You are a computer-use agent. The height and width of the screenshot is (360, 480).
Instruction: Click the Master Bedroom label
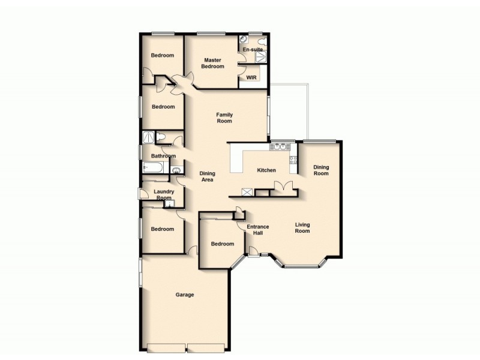213,63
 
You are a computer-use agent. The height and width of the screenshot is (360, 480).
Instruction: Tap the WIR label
251,77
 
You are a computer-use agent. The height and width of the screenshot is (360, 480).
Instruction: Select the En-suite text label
253,49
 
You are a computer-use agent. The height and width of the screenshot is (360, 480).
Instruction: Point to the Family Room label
224,118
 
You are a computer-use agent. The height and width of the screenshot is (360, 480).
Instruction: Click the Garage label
184,295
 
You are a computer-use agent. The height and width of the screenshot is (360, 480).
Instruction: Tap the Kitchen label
266,170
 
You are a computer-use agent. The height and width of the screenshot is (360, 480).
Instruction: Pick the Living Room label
302,228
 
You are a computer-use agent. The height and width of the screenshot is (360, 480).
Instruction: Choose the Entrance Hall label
258,230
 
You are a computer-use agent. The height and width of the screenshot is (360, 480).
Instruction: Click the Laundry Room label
164,194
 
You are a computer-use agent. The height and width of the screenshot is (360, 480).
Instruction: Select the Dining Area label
207,176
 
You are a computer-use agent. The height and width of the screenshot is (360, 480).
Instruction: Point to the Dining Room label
322,170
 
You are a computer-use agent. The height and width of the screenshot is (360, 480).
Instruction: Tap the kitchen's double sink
280,146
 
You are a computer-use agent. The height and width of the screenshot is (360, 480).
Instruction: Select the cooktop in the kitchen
293,160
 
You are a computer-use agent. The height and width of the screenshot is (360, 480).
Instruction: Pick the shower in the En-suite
262,58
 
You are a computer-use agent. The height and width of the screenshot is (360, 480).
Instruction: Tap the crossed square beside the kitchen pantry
247,192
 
